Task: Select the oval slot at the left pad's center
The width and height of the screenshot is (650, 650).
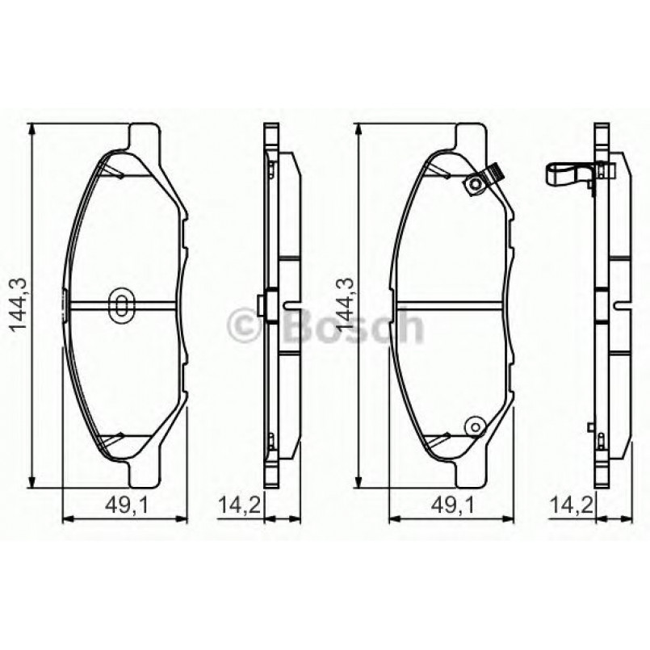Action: pyautogui.click(x=121, y=304)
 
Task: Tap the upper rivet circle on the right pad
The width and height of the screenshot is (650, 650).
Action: pyautogui.click(x=474, y=185)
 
